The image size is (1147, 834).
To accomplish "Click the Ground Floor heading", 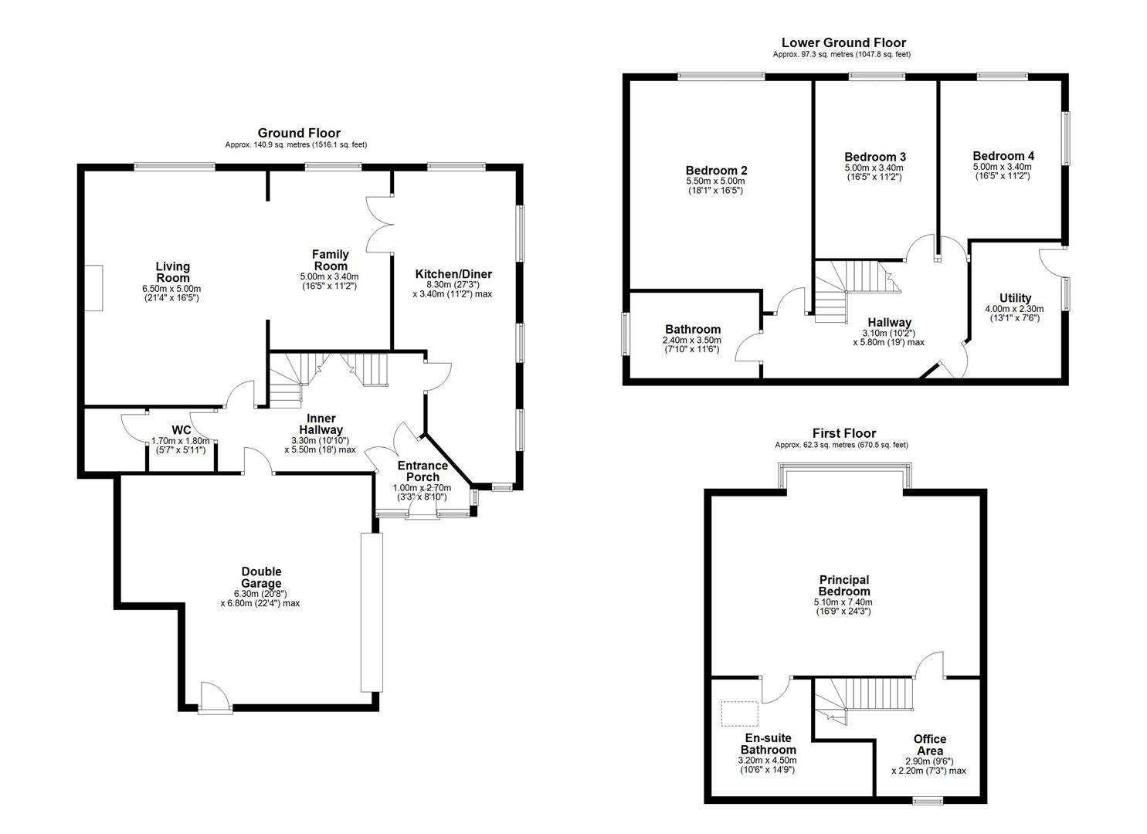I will point(298,133).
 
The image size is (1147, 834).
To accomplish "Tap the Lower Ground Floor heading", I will point(843,43).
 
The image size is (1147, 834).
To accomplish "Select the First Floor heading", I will point(843,433).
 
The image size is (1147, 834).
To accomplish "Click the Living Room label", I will point(172,272).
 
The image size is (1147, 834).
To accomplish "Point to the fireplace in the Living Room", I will point(93,288).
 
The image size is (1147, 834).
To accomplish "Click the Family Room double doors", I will point(378,224).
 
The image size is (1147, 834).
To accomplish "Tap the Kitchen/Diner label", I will point(453,274).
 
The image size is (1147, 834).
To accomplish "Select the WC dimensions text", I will point(180,446).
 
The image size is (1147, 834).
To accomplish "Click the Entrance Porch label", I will point(422,471).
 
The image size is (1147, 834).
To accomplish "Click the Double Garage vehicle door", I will point(372,611).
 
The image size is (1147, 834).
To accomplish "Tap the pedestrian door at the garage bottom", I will point(214,698).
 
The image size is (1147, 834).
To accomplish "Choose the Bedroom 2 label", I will point(716,171).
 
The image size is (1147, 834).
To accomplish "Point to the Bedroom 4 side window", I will point(1065,139).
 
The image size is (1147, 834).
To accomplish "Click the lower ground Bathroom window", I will point(626,334).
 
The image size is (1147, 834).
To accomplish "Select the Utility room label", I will point(1015,298).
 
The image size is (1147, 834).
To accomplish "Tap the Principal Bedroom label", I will point(843,585).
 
